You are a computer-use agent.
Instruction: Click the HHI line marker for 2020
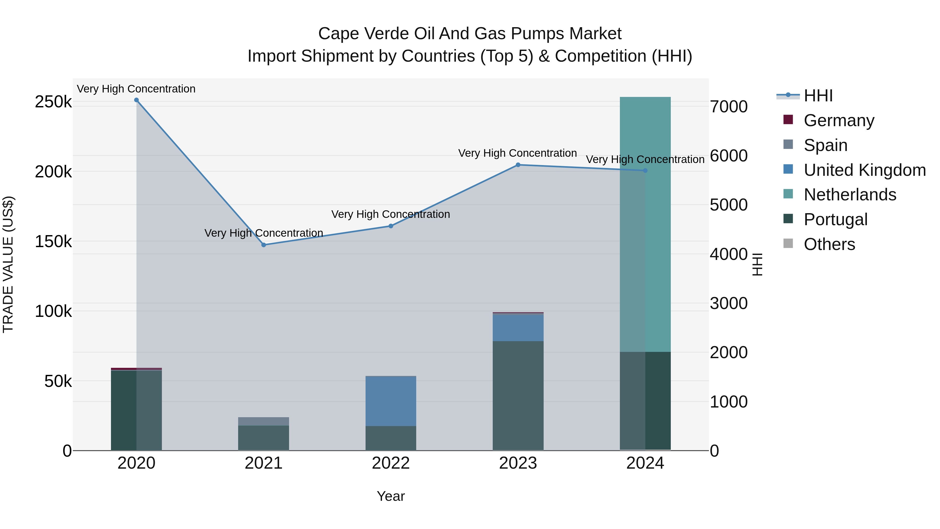(x=137, y=100)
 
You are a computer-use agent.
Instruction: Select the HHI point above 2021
(x=264, y=245)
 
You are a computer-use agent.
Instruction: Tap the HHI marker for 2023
(x=518, y=165)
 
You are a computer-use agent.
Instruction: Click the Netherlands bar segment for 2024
(x=645, y=224)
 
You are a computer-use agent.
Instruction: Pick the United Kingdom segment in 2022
(x=391, y=401)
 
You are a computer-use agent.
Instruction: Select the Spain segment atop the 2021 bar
(x=263, y=421)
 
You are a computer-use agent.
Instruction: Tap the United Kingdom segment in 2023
(x=518, y=328)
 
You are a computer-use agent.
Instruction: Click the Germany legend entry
(x=838, y=120)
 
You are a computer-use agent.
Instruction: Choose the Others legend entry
(x=829, y=244)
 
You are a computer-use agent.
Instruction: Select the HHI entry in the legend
(x=818, y=96)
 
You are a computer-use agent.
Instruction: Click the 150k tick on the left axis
(x=53, y=241)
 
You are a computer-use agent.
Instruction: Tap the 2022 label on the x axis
(x=391, y=463)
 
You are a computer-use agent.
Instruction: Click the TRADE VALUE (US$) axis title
(x=8, y=264)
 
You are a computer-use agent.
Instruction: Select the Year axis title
(x=391, y=496)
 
